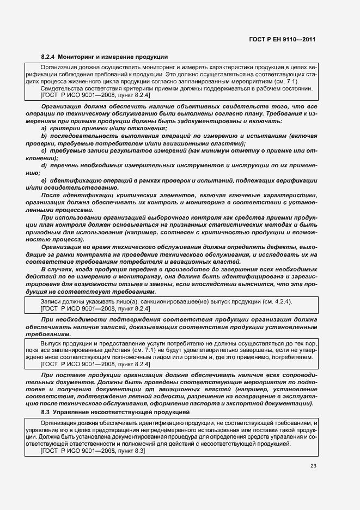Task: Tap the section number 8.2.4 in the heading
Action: [x=48, y=57]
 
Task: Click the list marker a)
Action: [x=44, y=127]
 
